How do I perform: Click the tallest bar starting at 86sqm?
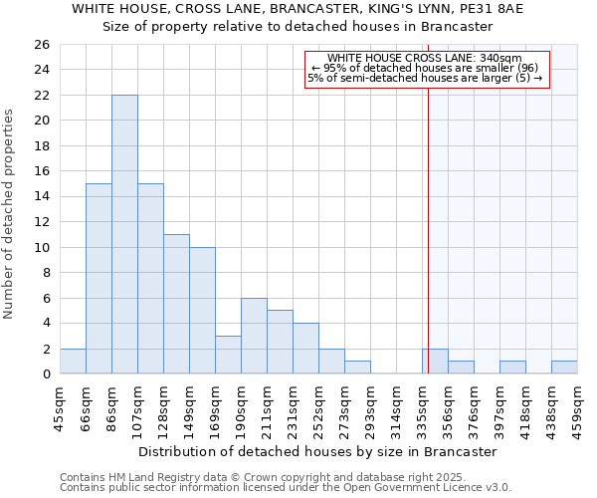tap(124, 234)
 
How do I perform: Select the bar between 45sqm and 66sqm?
tap(73, 362)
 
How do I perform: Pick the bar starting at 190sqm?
tap(254, 336)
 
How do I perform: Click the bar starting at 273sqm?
tap(357, 368)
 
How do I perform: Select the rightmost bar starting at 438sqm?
tap(564, 368)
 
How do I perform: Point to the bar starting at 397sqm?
tap(512, 368)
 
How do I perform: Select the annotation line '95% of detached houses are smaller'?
tap(425, 68)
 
